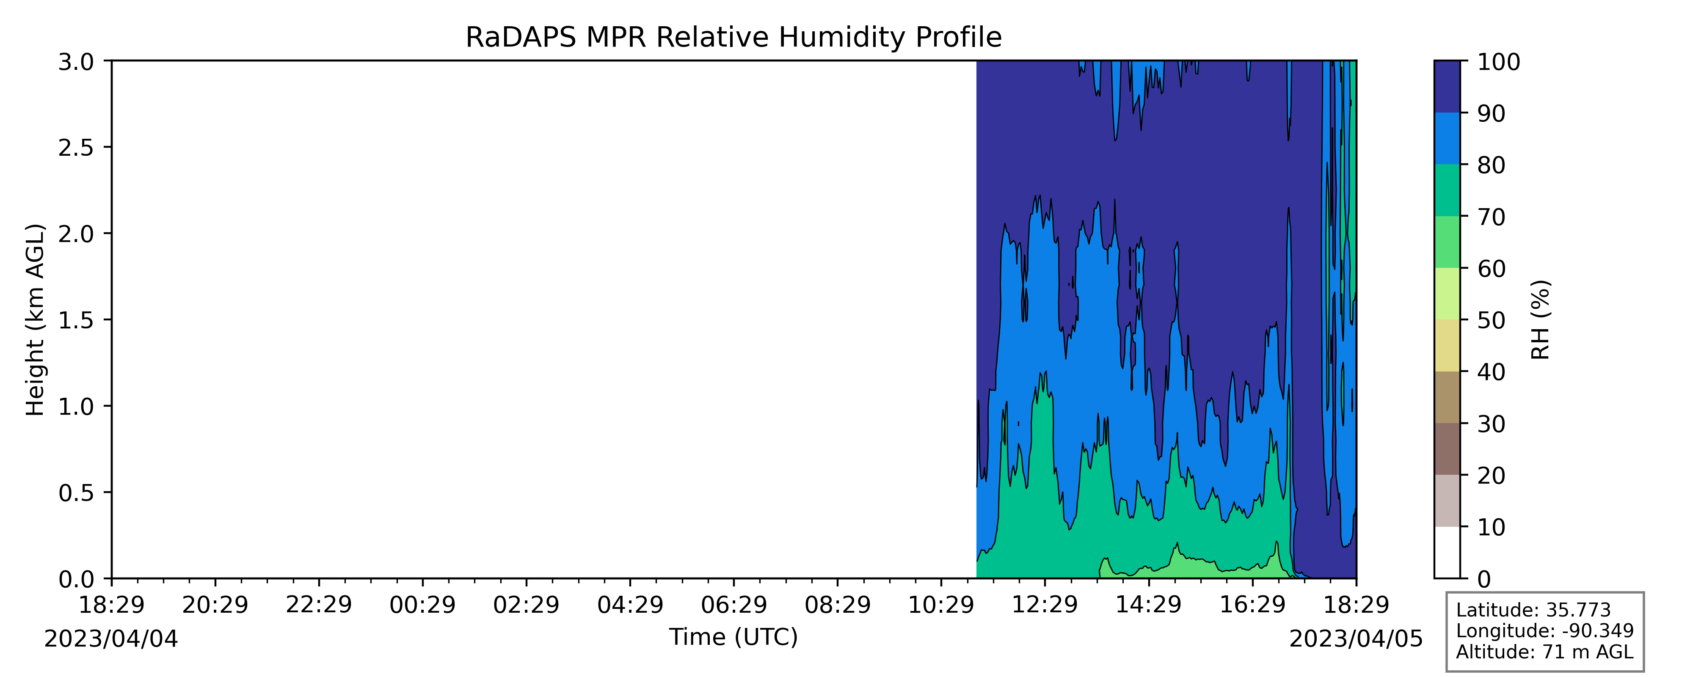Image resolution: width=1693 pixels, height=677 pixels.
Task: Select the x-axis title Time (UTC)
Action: tap(733, 637)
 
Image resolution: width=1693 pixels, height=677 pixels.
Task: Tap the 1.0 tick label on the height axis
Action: tap(76, 406)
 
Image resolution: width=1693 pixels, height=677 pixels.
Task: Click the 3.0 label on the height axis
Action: tap(76, 62)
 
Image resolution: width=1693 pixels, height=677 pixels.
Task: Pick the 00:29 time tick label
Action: tap(422, 605)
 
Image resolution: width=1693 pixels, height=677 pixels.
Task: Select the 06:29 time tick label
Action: tap(733, 605)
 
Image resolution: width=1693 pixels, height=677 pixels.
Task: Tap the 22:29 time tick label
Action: tap(319, 605)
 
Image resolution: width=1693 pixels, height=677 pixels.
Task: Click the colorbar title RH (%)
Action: tap(1541, 320)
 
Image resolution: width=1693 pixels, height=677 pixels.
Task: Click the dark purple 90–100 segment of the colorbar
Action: tap(1447, 87)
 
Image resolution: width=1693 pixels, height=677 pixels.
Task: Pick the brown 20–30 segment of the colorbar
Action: tap(1447, 449)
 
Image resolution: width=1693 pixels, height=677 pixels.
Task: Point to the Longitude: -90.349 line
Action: tap(1544, 631)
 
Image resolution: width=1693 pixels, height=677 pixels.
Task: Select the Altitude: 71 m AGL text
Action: tap(1544, 652)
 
